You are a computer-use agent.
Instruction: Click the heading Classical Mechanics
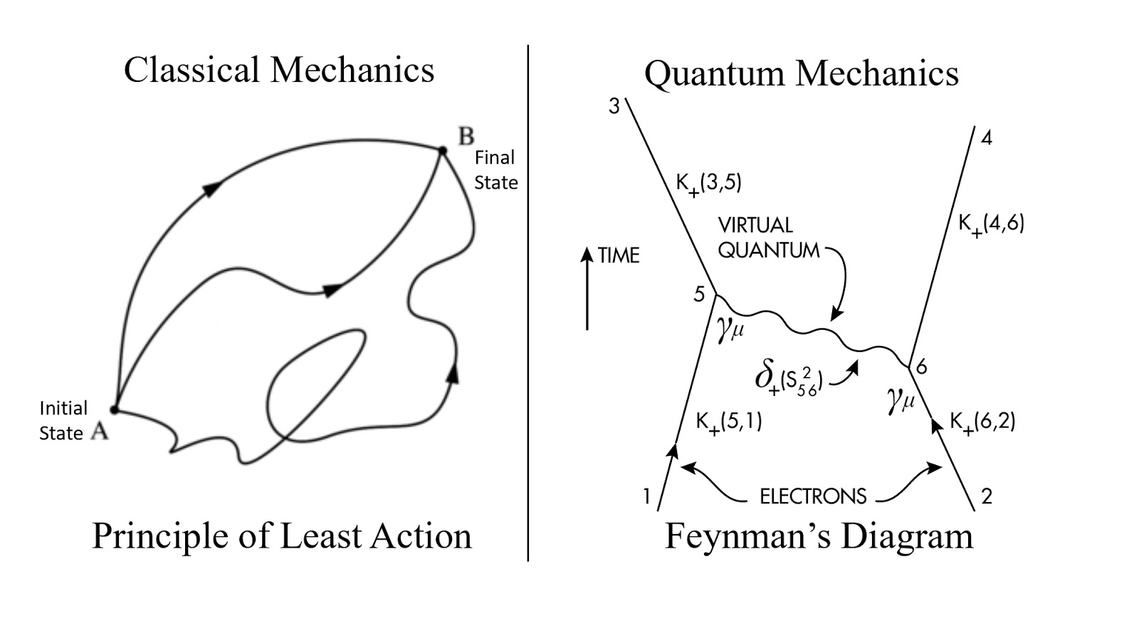click(x=279, y=71)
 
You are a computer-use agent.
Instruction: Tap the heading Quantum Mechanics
click(x=801, y=73)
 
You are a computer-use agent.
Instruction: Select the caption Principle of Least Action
click(x=282, y=536)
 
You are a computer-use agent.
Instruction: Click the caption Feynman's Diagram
click(x=819, y=536)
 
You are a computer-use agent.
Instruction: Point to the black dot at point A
click(x=114, y=410)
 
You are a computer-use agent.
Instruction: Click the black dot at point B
click(x=442, y=150)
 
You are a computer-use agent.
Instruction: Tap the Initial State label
click(x=63, y=420)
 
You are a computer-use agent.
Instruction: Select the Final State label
click(x=495, y=170)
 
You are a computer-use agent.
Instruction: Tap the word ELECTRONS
click(x=813, y=496)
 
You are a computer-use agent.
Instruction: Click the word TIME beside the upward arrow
click(x=618, y=255)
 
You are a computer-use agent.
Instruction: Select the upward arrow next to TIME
click(x=587, y=288)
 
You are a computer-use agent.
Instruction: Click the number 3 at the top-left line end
click(x=614, y=107)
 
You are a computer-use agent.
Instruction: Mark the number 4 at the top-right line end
click(x=986, y=137)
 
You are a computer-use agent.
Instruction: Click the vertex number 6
click(x=922, y=367)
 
